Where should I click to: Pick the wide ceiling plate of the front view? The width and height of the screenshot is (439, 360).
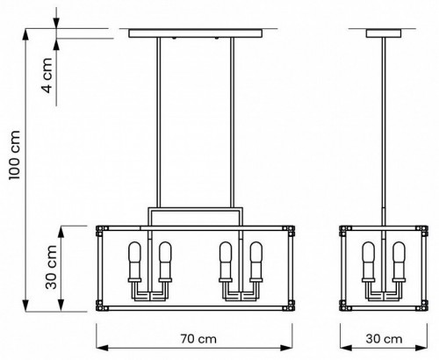(195, 34)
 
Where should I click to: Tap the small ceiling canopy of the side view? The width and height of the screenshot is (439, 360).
(384, 34)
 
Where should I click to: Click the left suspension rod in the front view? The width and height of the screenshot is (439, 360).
(159, 123)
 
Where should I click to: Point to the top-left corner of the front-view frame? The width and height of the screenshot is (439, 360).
(99, 231)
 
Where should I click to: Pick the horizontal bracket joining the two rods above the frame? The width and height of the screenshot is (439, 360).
(195, 212)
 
